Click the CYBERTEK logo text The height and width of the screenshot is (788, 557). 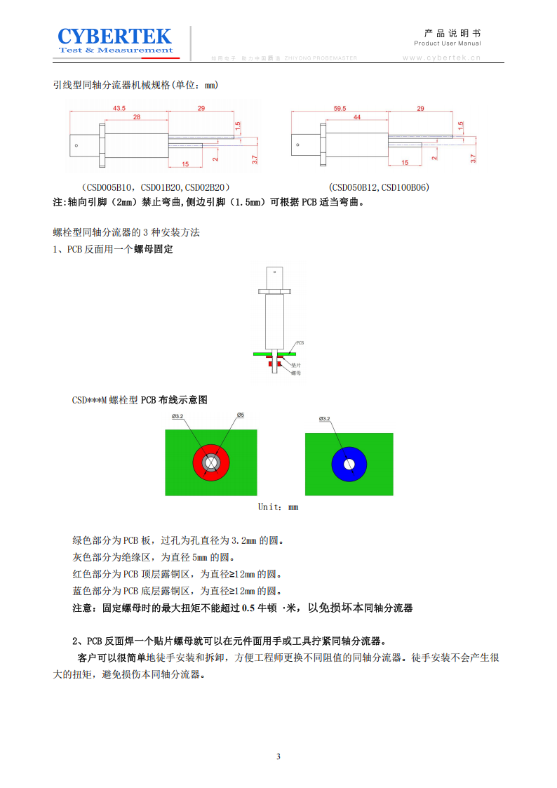pyautogui.click(x=114, y=36)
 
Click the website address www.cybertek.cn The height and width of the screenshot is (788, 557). pyautogui.click(x=441, y=58)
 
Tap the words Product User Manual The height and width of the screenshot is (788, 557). pyautogui.click(x=447, y=44)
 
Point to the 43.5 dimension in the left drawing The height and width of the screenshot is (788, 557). pyautogui.click(x=119, y=108)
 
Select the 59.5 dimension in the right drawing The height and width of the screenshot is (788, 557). pyautogui.click(x=340, y=108)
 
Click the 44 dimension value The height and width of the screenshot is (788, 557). pyautogui.click(x=356, y=118)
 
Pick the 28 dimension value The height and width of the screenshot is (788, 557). pyautogui.click(x=136, y=117)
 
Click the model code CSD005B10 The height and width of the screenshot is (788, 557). pyautogui.click(x=107, y=187)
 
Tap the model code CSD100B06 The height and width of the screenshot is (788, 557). pyautogui.click(x=405, y=187)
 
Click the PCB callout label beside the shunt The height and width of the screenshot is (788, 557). pyautogui.click(x=300, y=343)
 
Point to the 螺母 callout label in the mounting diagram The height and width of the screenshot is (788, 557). pyautogui.click(x=296, y=373)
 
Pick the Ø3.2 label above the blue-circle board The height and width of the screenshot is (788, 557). pyautogui.click(x=325, y=419)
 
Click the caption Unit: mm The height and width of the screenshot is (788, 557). pyautogui.click(x=278, y=507)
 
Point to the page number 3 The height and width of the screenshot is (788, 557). pyautogui.click(x=278, y=756)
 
